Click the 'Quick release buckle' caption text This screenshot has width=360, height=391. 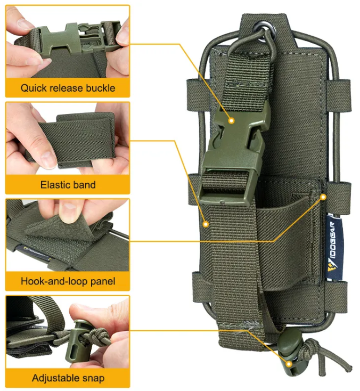click(68, 88)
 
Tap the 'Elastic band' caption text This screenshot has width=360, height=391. click(68, 185)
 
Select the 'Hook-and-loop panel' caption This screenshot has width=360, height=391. click(68, 281)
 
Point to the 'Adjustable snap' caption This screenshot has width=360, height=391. click(68, 378)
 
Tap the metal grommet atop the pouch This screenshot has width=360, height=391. click(265, 32)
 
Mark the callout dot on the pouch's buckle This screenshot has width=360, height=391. click(231, 121)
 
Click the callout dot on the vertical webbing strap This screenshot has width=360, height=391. click(206, 224)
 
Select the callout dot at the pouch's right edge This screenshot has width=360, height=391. click(323, 197)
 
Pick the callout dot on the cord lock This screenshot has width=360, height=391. click(289, 364)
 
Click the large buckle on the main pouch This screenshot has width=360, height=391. click(233, 152)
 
